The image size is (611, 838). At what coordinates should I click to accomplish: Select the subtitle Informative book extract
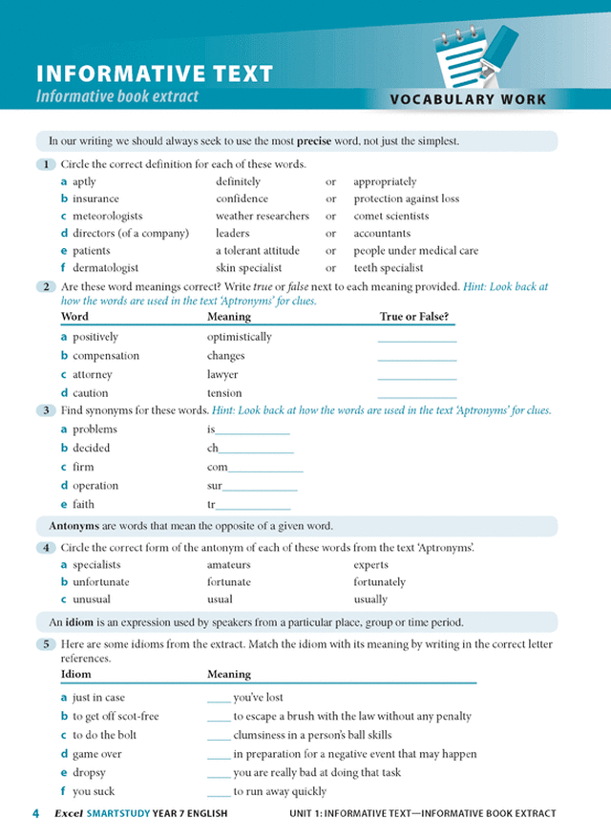point(117,96)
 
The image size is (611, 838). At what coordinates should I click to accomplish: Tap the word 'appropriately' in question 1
point(385,181)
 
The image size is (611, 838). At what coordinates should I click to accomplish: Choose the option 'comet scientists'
point(391,216)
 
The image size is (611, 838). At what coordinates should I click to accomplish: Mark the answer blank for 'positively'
point(416,337)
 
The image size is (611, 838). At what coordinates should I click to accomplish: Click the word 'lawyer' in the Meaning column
point(222,374)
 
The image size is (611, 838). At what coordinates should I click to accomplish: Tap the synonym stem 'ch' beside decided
point(213,448)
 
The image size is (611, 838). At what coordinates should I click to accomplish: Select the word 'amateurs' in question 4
point(229,565)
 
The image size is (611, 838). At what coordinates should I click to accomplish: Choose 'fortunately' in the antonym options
point(379,582)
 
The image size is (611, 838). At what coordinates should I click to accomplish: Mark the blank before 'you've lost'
point(219,698)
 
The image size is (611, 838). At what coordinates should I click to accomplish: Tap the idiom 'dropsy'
point(89,772)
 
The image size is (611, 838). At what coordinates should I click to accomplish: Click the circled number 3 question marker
point(46,410)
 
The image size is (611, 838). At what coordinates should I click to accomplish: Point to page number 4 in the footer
point(35,814)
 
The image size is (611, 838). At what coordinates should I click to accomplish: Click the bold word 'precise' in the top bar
point(314,141)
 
